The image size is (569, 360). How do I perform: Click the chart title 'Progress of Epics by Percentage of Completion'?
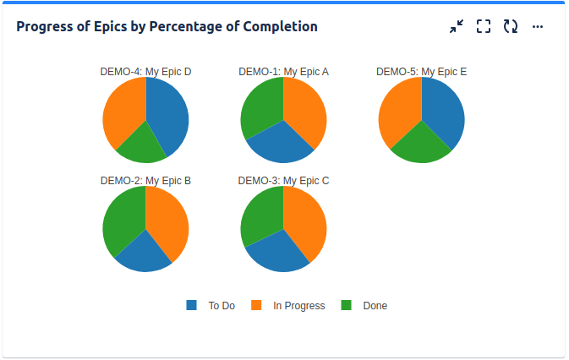click(167, 26)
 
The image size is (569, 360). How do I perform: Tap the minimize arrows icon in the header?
click(457, 26)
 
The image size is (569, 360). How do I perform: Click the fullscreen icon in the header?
click(484, 26)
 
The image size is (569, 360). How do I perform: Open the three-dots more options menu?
click(538, 26)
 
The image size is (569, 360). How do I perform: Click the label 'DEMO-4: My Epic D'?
click(145, 72)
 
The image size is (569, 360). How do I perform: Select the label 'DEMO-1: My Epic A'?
click(283, 72)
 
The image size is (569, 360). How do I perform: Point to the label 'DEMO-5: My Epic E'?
click(421, 72)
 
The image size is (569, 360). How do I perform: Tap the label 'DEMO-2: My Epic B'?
click(145, 180)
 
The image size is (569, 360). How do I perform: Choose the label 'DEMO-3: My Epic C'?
click(283, 180)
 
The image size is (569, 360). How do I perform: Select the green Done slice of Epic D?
click(142, 145)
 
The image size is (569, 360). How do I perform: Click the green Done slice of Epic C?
click(260, 215)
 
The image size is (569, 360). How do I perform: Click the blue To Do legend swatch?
click(191, 305)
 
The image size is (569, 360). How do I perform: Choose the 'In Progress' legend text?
click(298, 306)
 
